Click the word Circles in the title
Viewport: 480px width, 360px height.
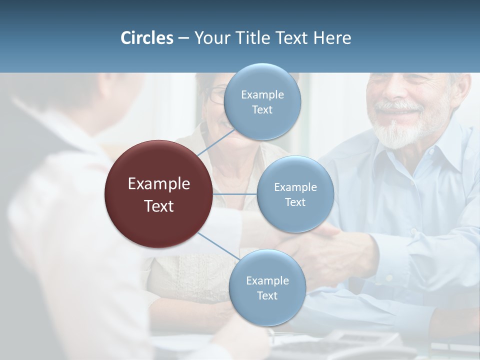click(x=147, y=38)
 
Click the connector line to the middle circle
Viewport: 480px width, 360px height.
click(x=235, y=194)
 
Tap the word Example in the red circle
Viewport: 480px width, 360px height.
click(x=159, y=184)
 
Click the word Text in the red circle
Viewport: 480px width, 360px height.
click(x=159, y=206)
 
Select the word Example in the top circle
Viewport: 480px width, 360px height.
click(x=262, y=94)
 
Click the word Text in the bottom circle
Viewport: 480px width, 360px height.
click(x=267, y=295)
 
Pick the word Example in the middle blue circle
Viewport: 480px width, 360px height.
click(x=295, y=187)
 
